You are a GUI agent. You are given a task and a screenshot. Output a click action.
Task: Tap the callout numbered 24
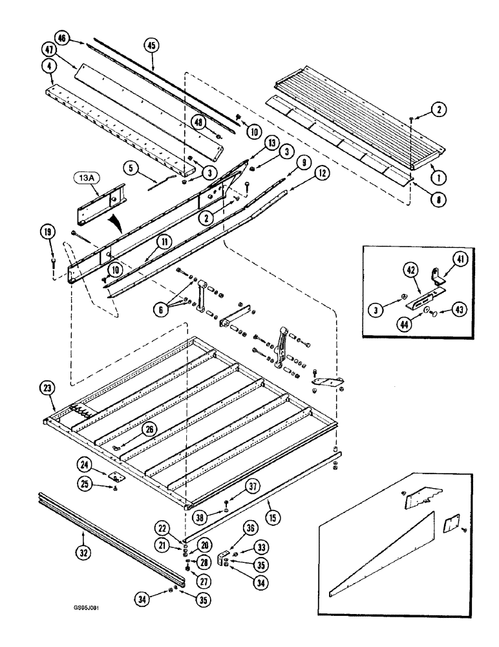click(103, 464)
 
